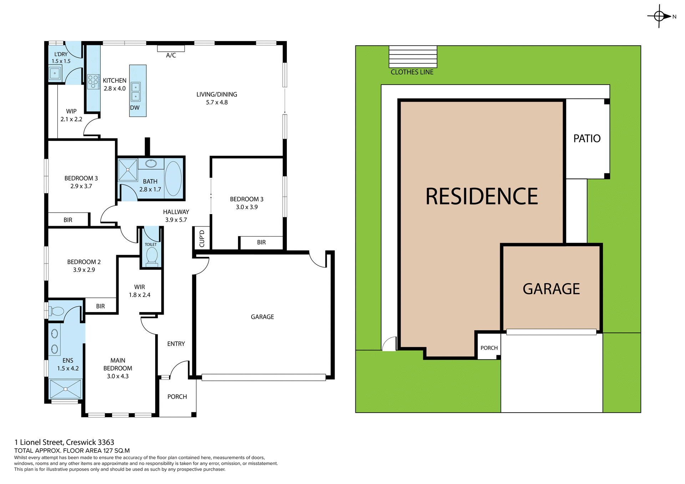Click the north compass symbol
[659, 16]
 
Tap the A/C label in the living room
[171, 55]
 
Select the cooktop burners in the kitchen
[93, 81]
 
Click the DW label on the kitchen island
[135, 108]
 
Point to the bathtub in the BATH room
[173, 178]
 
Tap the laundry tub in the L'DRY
[55, 73]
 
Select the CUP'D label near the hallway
[202, 238]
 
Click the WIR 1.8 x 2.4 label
[139, 291]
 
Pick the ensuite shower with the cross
[66, 389]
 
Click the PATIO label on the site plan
[587, 138]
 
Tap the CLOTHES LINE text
[412, 72]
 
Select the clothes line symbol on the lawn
[413, 56]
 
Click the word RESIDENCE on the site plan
[482, 197]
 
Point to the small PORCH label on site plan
[489, 348]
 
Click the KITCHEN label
[115, 81]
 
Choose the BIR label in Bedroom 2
[101, 306]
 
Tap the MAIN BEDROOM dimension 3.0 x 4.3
[118, 376]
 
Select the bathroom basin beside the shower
[151, 164]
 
